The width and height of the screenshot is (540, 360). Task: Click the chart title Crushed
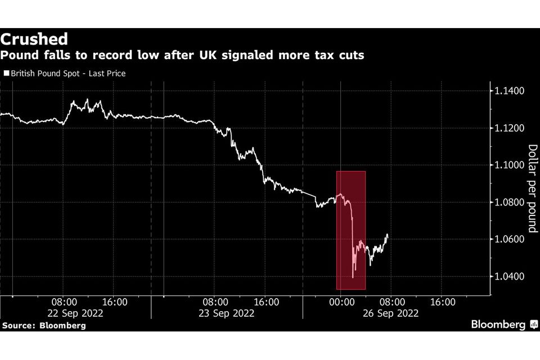[34, 39]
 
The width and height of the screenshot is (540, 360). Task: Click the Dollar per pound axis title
[532, 188]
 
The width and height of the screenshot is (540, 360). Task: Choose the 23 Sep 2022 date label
[228, 314]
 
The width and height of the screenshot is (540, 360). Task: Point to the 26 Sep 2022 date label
[391, 314]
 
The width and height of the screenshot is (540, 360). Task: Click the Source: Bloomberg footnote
[44, 326]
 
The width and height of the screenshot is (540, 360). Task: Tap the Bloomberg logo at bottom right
[499, 325]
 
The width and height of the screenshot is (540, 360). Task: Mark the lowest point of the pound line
[353, 277]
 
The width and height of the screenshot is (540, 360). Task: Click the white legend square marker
[6, 74]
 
